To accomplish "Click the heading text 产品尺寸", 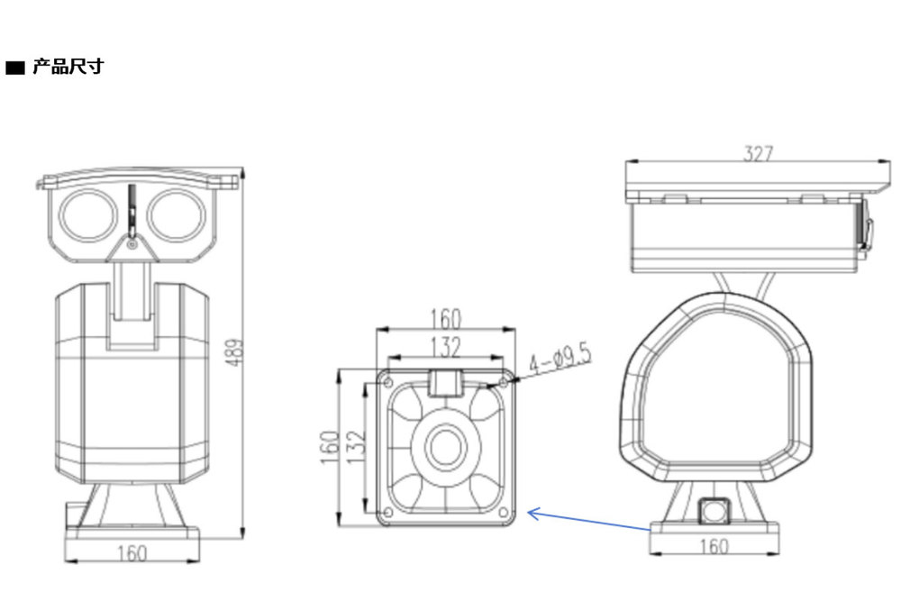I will coord(68,68).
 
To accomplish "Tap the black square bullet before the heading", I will coord(16,68).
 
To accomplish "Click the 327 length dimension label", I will coord(758,154).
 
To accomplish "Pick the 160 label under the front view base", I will coord(132,552).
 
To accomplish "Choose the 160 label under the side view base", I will coord(714,546).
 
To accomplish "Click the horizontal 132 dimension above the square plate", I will coord(445,346).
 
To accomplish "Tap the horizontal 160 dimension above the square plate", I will coord(445,318).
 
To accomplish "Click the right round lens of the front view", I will coord(175,216).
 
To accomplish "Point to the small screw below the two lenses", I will coord(132,243).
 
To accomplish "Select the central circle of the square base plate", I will coord(445,447).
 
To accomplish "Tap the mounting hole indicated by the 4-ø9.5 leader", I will coord(503,383).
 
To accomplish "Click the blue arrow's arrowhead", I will coord(531,514).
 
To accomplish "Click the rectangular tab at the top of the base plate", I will coord(445,382).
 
